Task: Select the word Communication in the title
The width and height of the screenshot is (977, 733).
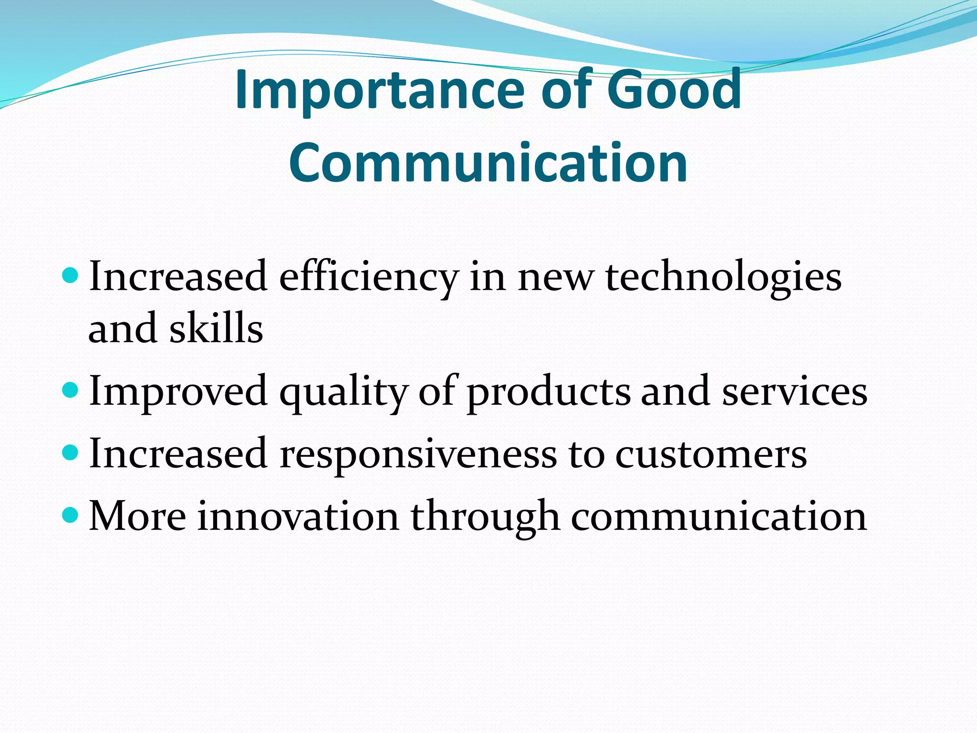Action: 488,163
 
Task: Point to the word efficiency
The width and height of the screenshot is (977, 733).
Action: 368,278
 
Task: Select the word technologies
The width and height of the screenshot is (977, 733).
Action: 723,278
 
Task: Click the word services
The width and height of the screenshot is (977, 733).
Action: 794,392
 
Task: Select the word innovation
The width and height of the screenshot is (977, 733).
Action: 298,516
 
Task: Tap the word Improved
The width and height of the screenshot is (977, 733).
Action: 178,392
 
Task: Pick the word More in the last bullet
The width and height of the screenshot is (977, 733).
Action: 138,516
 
